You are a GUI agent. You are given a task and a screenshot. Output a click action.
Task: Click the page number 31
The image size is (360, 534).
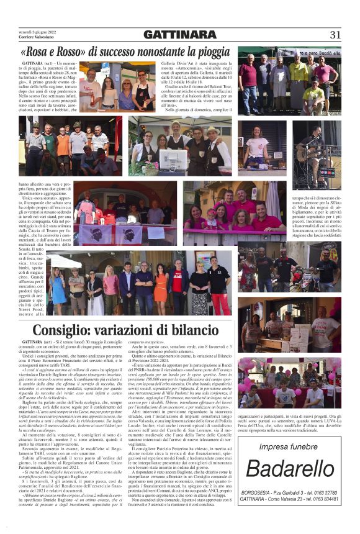[x=336, y=35]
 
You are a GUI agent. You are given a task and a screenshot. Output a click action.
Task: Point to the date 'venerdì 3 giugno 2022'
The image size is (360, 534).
[x=37, y=32]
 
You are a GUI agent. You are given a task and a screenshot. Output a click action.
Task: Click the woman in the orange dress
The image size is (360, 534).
[x=161, y=286]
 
